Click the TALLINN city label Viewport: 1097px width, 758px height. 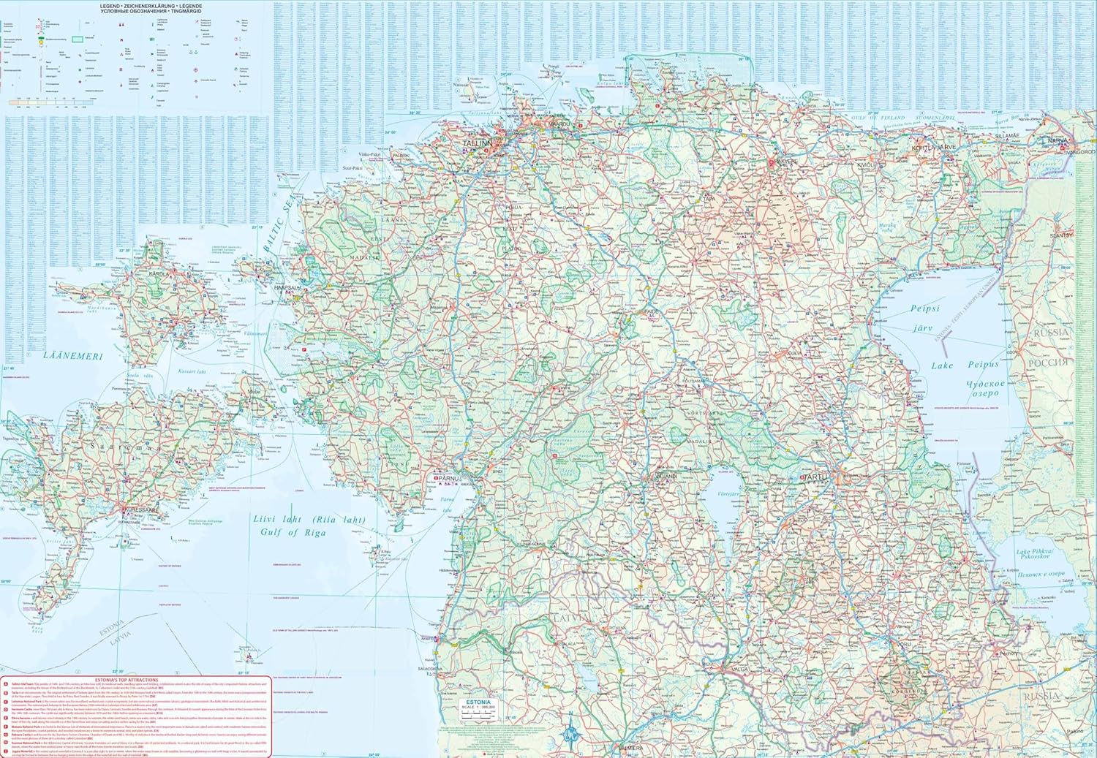(478, 145)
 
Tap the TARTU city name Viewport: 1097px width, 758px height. (814, 476)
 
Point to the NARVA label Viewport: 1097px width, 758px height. (1058, 140)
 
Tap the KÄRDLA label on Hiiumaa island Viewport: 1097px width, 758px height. (160, 275)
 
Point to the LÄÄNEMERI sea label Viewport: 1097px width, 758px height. (72, 356)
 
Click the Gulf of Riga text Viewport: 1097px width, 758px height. (293, 532)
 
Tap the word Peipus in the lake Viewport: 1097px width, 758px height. (982, 364)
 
